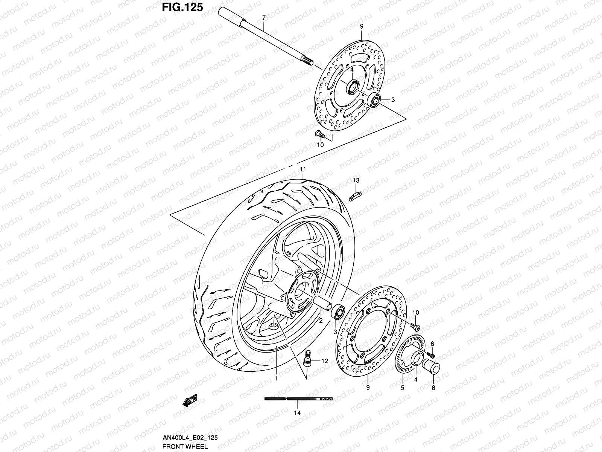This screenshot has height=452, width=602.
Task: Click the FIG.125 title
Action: point(182,7)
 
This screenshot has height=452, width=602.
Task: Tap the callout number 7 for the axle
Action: point(264,18)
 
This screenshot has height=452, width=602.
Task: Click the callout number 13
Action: point(356,181)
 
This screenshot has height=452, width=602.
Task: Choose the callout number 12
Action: point(325,361)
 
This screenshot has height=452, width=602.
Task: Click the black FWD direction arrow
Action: point(190,402)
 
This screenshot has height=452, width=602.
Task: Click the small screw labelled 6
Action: point(431,355)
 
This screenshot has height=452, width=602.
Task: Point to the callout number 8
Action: point(433,388)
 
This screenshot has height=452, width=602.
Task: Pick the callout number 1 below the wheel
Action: point(275,378)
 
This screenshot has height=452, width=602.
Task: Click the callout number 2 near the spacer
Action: point(321,321)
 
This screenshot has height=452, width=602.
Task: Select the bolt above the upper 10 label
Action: point(318,133)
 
